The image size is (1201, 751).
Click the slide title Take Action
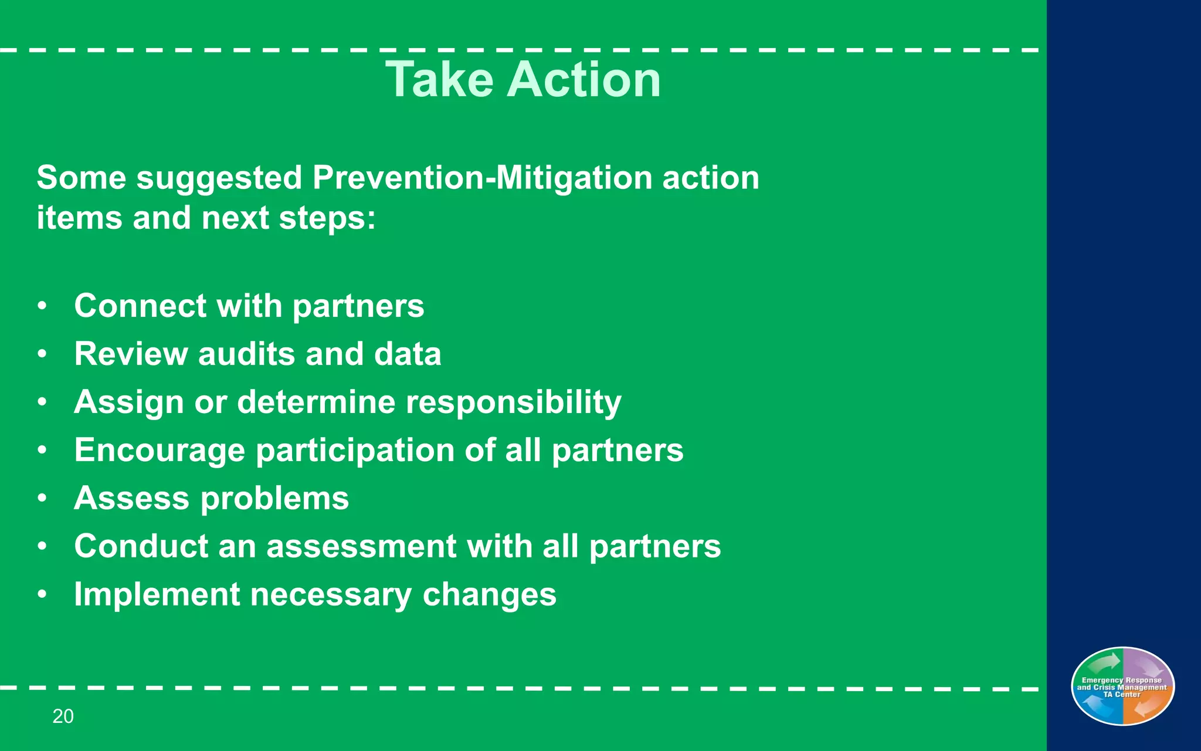tap(523, 79)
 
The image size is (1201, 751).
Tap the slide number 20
tap(63, 716)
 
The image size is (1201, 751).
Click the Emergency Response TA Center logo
tap(1122, 686)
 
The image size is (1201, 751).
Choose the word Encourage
tap(160, 450)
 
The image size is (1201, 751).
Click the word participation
tap(355, 451)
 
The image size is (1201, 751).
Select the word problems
tap(274, 499)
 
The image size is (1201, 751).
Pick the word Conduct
tap(141, 546)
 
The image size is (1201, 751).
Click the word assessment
tap(361, 546)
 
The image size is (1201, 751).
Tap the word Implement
tap(157, 594)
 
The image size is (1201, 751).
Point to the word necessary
tap(331, 594)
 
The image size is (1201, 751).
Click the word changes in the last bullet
tap(489, 594)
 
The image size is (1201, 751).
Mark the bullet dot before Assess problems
tap(42, 498)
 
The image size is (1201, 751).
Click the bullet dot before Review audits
tap(42, 354)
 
